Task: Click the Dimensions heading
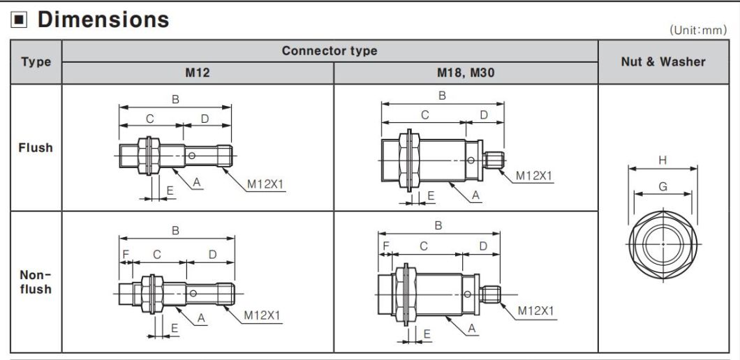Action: pyautogui.click(x=103, y=20)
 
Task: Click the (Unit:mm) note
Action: pyautogui.click(x=697, y=30)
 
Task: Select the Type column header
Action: pyautogui.click(x=36, y=62)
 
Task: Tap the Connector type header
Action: pyautogui.click(x=330, y=51)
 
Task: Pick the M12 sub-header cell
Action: pyautogui.click(x=198, y=73)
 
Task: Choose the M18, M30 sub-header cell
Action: pyautogui.click(x=465, y=73)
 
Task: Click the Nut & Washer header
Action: pyautogui.click(x=663, y=61)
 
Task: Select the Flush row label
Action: pyautogui.click(x=36, y=148)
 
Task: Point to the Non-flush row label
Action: pyautogui.click(x=36, y=282)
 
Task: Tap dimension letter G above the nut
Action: pyautogui.click(x=663, y=186)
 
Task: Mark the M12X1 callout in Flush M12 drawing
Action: pyautogui.click(x=266, y=184)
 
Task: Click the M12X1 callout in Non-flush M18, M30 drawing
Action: pyautogui.click(x=535, y=310)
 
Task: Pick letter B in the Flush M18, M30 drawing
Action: pyautogui.click(x=442, y=96)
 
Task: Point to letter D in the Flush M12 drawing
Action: pyautogui.click(x=205, y=119)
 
